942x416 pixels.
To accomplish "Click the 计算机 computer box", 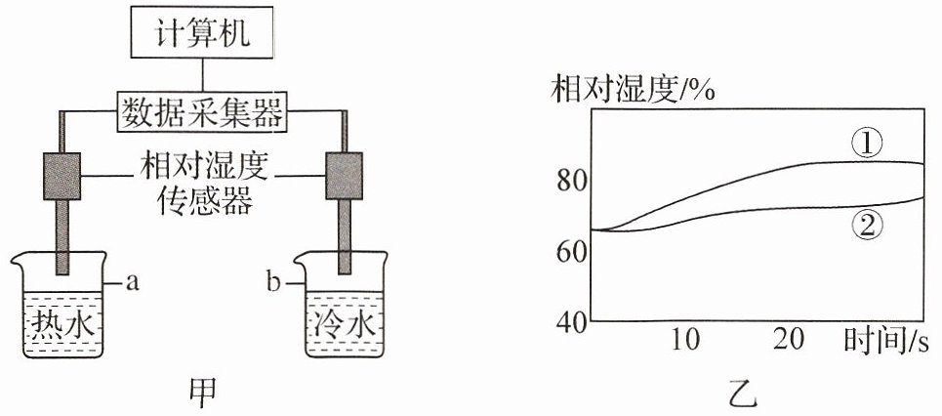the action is coord(202,32).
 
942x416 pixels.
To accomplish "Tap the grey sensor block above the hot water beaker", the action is coord(61,176).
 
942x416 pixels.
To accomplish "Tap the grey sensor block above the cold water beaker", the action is coord(344,176).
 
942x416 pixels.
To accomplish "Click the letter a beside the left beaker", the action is coord(133,282).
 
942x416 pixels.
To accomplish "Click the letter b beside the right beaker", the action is coord(273,281).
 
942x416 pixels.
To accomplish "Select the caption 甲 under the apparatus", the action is coord(202,394).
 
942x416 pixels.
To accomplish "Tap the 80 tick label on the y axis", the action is coord(572,181).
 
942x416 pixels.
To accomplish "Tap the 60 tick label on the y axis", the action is coord(572,251).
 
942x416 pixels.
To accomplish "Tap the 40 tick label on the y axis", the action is coord(572,322).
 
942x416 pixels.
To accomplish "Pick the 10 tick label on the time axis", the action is coord(685,341).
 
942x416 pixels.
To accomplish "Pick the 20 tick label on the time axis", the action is coord(789,341).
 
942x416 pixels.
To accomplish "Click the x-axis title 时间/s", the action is coord(886,342).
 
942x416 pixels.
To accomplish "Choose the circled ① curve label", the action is coord(866,145).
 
